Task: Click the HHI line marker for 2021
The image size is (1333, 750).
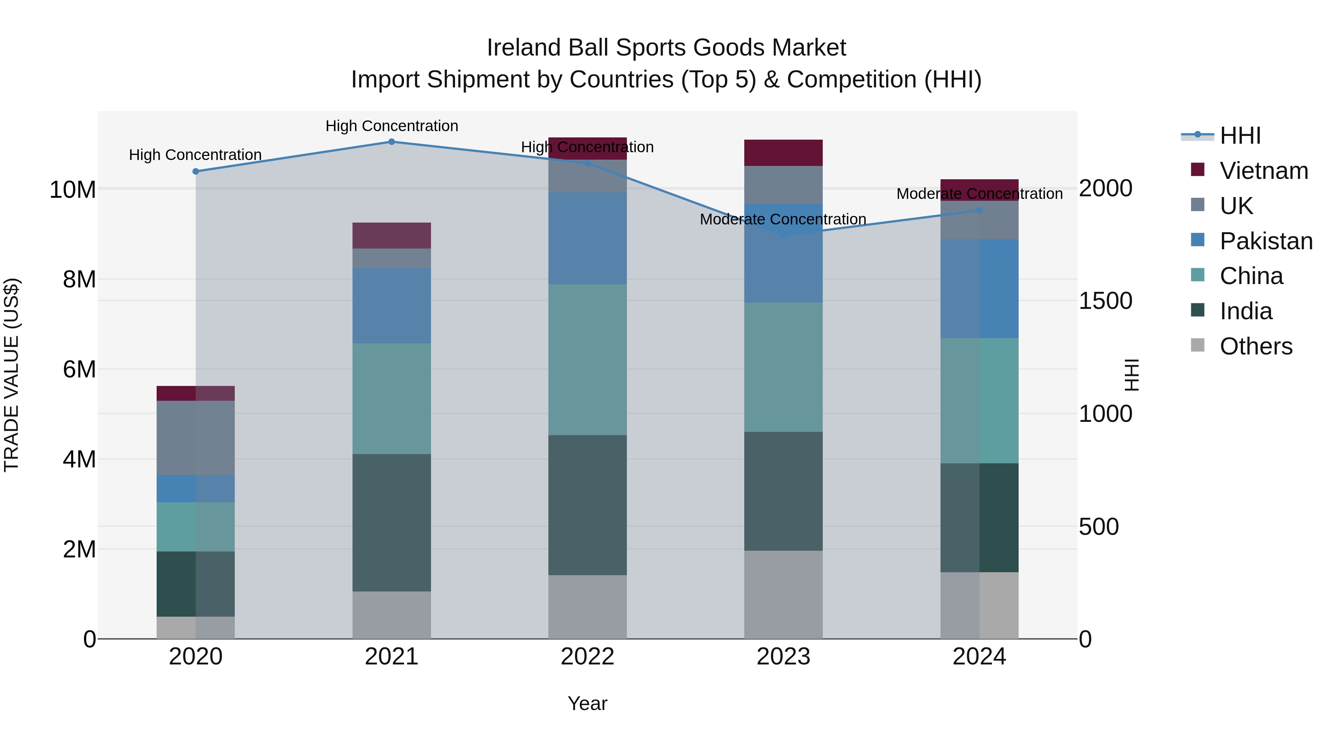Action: click(391, 142)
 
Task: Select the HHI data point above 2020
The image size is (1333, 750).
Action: click(196, 171)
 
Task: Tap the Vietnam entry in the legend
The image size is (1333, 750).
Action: click(1263, 171)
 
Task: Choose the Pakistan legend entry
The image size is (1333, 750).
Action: click(1265, 241)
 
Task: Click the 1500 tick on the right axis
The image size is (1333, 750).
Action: click(1105, 301)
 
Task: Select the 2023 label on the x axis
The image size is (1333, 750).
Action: click(783, 657)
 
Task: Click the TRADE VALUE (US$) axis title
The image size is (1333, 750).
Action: click(11, 375)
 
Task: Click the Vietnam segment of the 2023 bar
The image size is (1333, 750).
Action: click(783, 153)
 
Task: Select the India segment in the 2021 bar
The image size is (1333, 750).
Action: click(391, 522)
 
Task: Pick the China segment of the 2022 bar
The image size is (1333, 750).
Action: click(587, 359)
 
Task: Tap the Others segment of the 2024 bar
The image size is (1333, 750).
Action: click(979, 605)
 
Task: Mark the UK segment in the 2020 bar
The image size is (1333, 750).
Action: click(196, 438)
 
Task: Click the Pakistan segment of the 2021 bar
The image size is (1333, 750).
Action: click(391, 306)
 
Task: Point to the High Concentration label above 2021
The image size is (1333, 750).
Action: click(392, 126)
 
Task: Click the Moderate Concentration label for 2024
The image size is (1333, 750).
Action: click(979, 194)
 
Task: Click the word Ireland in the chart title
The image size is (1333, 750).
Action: click(523, 48)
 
